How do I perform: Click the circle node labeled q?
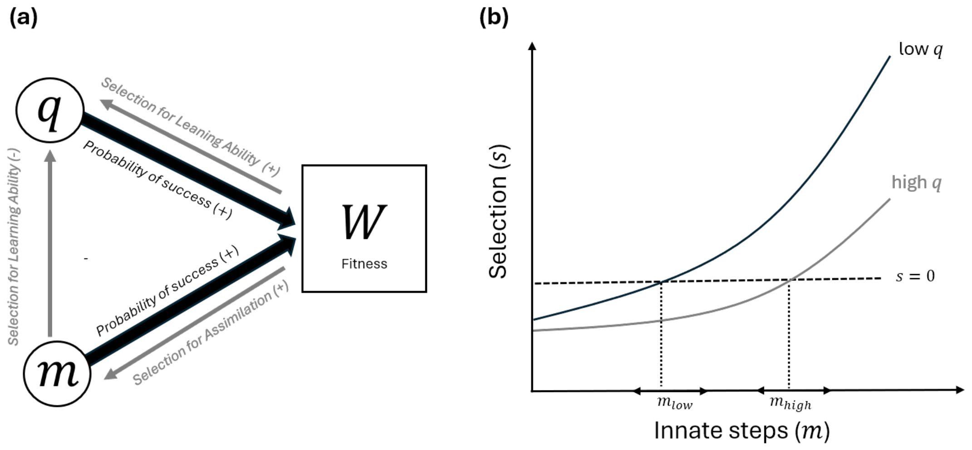[x=50, y=110]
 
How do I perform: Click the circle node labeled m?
[x=57, y=373]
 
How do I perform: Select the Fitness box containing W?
[x=364, y=228]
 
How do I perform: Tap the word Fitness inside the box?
[x=364, y=264]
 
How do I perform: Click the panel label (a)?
[x=24, y=18]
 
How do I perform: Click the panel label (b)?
[x=494, y=18]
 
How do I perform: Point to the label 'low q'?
[x=921, y=49]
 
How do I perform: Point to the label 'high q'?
[x=917, y=183]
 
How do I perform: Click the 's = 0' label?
[x=915, y=276]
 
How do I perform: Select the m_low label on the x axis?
[x=675, y=403]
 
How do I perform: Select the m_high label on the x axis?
[x=790, y=403]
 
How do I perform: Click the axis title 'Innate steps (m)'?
[x=742, y=430]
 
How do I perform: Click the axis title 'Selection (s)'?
[x=498, y=212]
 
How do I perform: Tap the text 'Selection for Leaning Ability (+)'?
[x=190, y=126]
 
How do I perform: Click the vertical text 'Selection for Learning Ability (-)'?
[x=14, y=246]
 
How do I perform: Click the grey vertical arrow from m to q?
[x=50, y=243]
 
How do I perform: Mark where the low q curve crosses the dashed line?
[x=661, y=282]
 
